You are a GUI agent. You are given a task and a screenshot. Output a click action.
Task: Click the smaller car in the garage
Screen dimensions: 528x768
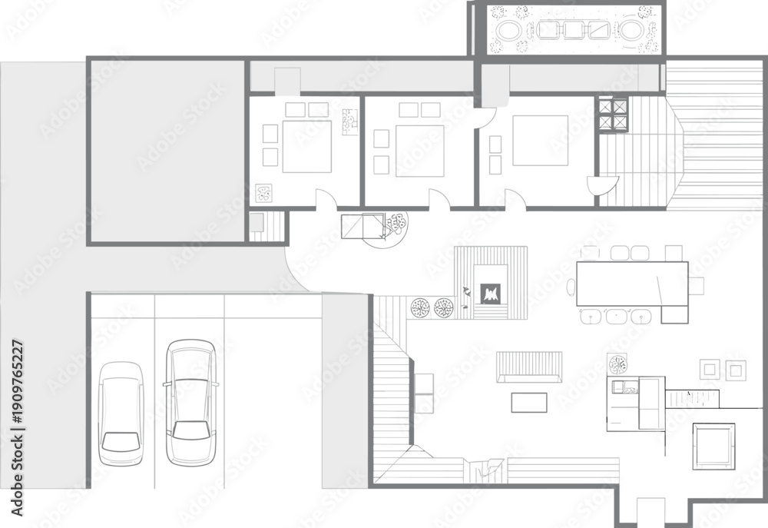coord(121,413)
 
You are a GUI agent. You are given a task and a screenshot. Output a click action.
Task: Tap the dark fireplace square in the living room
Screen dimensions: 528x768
coord(491,293)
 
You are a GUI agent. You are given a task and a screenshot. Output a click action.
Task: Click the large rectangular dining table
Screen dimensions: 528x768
coord(631,283)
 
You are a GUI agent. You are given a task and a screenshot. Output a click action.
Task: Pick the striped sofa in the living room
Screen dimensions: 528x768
coord(529,366)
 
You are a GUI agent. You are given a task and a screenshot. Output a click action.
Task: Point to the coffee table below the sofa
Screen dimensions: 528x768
coord(529,402)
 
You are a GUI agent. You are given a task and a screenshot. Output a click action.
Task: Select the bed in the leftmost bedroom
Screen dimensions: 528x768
coord(306,146)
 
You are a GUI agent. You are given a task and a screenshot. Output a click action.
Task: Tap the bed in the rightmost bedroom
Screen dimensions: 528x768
coord(540,140)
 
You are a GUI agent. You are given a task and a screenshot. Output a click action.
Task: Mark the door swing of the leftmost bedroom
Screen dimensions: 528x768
coord(326,198)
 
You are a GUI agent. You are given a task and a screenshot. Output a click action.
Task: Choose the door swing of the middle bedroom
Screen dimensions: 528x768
coord(439,198)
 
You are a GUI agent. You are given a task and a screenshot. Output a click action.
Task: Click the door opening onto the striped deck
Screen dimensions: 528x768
coord(601,185)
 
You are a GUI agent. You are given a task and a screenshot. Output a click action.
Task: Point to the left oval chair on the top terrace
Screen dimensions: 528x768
coord(509,30)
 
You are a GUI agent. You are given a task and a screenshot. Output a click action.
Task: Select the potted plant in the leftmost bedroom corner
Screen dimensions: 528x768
coord(263,192)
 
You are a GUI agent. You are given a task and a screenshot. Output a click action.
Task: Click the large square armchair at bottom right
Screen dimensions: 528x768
coord(713,446)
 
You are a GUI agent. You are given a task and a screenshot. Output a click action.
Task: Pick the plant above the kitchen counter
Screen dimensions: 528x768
coord(617,364)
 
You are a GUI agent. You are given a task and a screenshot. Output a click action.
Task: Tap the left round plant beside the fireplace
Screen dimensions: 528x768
coord(420,307)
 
